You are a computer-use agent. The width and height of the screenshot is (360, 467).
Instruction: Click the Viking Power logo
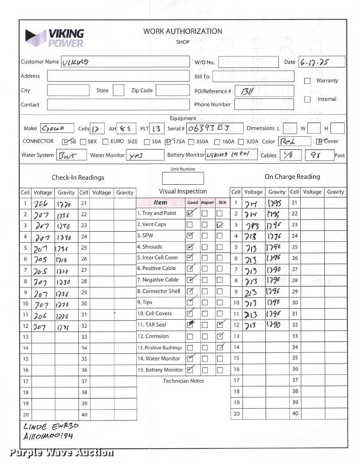point(55,38)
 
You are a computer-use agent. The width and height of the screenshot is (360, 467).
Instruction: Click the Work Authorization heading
point(183,31)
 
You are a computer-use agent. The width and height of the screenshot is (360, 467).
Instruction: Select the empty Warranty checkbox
point(307,81)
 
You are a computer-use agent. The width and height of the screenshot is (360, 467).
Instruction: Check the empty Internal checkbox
point(307,99)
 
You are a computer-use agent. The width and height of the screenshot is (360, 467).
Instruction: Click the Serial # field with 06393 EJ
point(215,129)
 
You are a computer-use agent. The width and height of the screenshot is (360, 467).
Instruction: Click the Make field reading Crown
point(57,129)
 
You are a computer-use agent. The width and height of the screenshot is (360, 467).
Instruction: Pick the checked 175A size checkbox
point(169,141)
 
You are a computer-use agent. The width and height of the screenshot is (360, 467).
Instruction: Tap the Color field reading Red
point(294,141)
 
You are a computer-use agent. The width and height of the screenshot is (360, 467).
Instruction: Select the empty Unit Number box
point(183,178)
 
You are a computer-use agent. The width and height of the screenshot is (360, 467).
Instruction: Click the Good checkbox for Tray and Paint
point(190,213)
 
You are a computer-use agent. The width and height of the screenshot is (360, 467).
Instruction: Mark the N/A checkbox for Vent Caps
point(220,224)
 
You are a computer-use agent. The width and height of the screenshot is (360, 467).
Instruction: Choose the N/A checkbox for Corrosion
point(220,337)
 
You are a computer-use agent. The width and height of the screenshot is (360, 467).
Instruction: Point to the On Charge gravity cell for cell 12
point(277,325)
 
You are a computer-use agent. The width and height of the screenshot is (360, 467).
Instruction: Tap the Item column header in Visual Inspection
point(160,202)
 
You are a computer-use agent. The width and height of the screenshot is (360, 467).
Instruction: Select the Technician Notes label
point(184,381)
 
